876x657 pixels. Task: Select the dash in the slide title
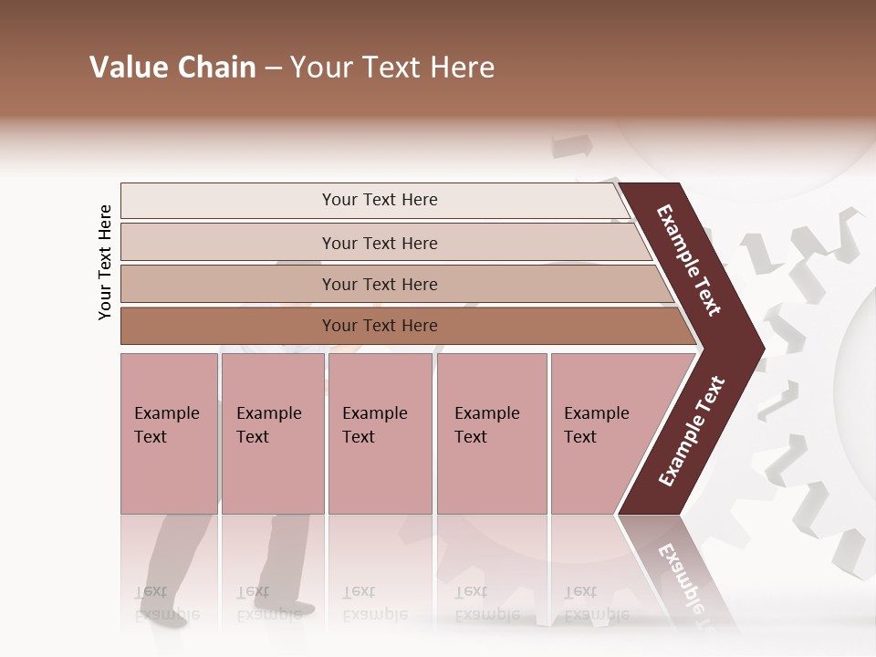coord(273,68)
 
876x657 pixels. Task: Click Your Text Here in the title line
coord(392,68)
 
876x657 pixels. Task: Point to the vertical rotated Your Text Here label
coord(105,262)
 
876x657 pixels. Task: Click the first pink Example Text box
coord(169,433)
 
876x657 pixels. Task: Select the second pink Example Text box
coord(271,433)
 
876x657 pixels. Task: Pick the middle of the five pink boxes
coord(380,433)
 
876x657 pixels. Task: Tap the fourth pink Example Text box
coord(491,433)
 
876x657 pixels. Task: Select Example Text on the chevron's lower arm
coord(692,432)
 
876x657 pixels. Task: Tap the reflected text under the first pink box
coord(155,602)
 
